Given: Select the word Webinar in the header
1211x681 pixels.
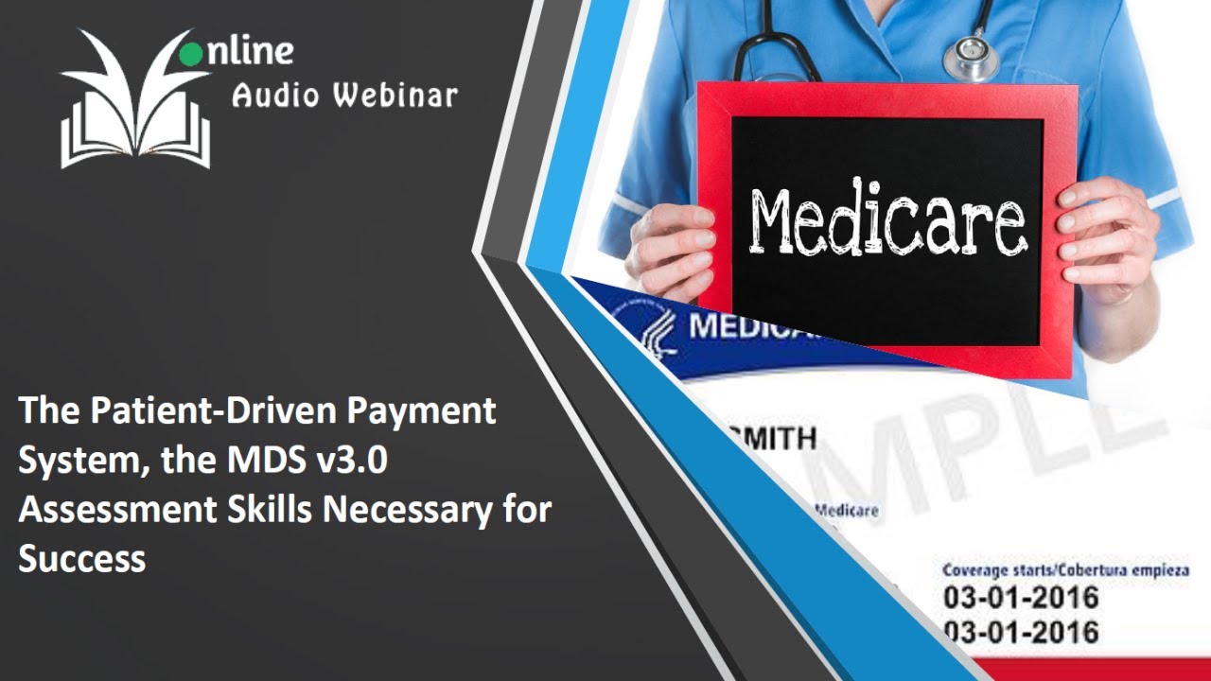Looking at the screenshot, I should tap(397, 95).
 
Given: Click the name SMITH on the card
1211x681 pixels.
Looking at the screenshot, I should tap(771, 439).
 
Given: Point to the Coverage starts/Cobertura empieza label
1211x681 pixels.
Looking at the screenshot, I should tap(1065, 570).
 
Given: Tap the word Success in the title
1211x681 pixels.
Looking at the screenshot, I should tap(82, 559).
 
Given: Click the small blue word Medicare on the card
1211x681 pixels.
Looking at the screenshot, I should tap(846, 511).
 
